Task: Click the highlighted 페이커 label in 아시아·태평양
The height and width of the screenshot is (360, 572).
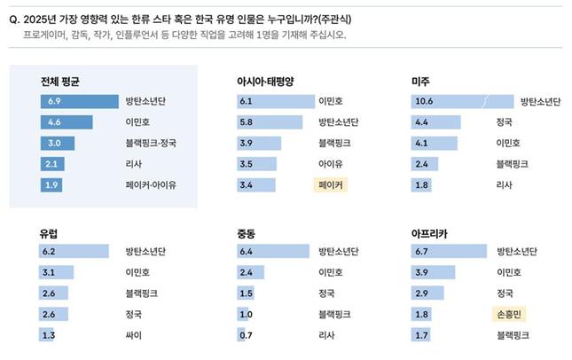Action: point(330,185)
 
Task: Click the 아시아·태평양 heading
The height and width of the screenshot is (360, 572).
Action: point(264,82)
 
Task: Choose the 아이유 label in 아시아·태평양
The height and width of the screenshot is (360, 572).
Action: point(330,164)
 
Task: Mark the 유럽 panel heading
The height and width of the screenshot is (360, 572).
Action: point(51,233)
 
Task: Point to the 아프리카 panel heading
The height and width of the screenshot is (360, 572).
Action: point(430,233)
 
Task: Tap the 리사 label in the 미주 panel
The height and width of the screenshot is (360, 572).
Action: point(505,185)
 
